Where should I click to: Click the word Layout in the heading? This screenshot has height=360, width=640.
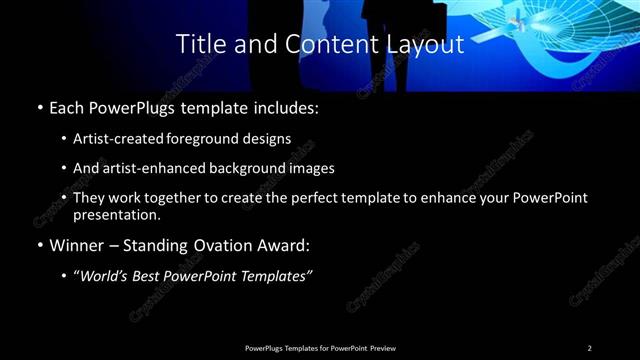[x=426, y=44]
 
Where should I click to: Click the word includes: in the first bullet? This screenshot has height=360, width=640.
[x=291, y=107]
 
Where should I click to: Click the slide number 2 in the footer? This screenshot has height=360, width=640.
[x=590, y=348]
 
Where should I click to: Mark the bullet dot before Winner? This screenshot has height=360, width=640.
[x=39, y=245]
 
